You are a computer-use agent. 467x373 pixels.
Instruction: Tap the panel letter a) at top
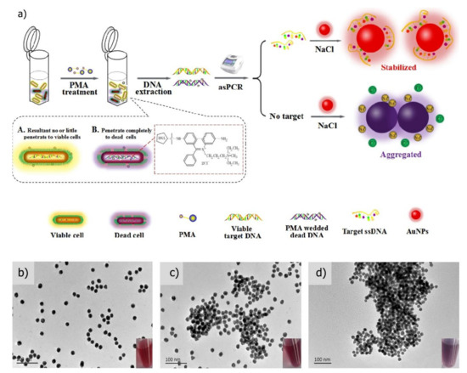click(12, 10)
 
